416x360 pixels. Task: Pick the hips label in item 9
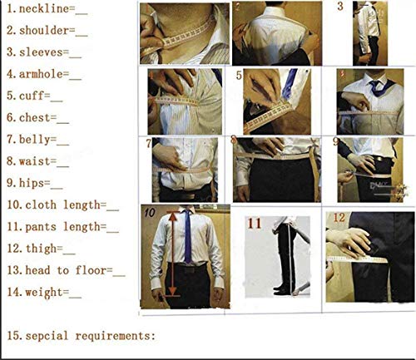click(x=32, y=183)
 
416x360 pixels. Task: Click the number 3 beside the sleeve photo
click(x=339, y=7)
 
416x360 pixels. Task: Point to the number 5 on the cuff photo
click(x=240, y=76)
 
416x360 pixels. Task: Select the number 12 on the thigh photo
click(x=339, y=218)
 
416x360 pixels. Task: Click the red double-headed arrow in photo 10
click(x=172, y=254)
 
